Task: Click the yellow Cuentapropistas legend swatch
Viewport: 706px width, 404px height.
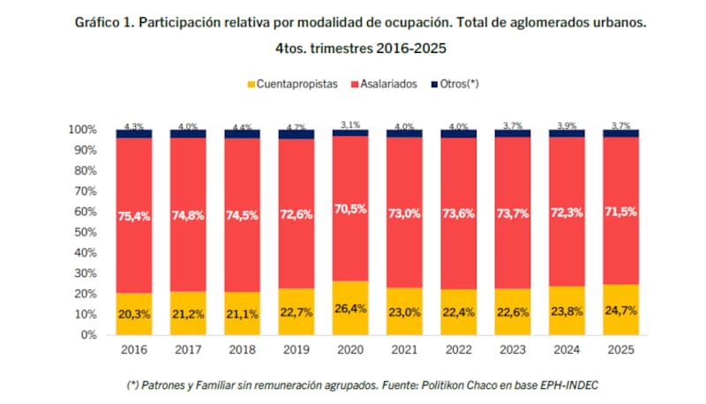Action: tap(251, 84)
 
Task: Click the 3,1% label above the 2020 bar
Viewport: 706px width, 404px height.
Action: tap(350, 124)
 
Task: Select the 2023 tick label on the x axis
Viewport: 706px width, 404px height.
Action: tap(513, 349)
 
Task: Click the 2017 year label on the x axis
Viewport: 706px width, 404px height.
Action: tap(188, 349)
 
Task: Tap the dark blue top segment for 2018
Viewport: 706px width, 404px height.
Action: tap(243, 134)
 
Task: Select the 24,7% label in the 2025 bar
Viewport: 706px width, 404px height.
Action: tap(621, 310)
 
